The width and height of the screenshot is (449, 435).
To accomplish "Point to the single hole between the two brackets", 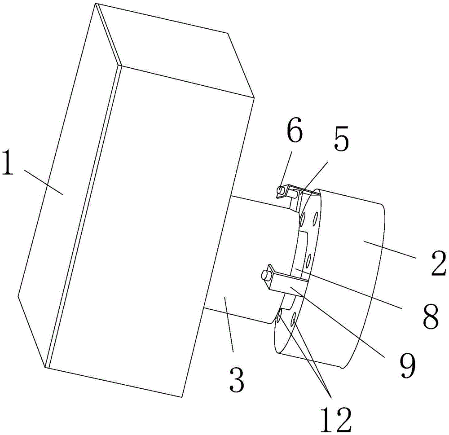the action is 308,259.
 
